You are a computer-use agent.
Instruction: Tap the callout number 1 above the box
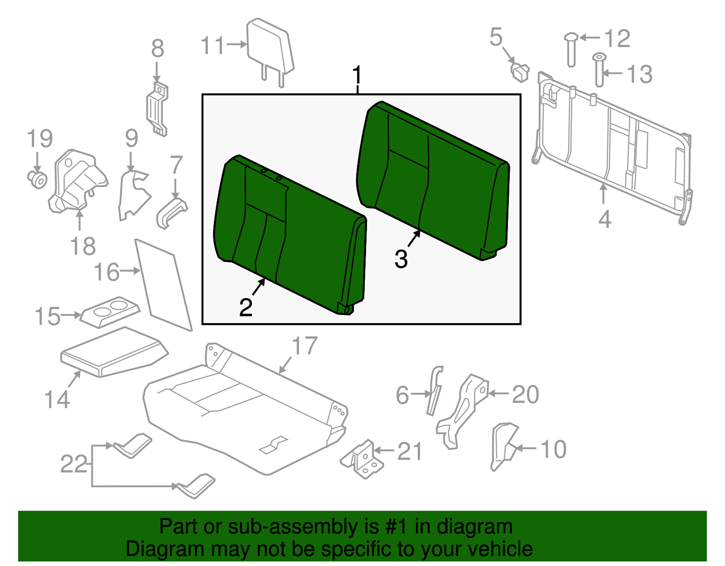click(358, 75)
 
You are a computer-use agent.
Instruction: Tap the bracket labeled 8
click(157, 109)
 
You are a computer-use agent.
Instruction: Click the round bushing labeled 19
click(37, 179)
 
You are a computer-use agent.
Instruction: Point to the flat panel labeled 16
click(163, 285)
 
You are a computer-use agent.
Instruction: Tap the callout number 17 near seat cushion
click(304, 346)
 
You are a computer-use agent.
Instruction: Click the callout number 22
click(74, 464)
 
